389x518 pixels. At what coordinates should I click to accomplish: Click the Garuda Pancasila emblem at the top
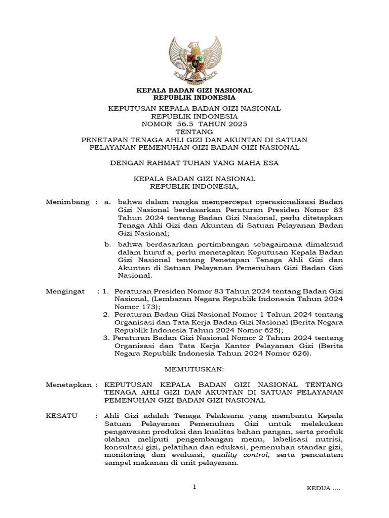(195, 59)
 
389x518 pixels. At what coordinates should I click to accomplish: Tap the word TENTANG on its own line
(194, 132)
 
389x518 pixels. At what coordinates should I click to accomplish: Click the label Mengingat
(66, 292)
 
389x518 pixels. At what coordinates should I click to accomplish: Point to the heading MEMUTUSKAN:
(194, 370)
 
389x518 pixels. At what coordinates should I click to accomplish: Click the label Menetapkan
(69, 385)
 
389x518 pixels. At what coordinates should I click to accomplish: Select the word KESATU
(62, 416)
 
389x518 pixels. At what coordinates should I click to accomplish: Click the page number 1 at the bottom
(194, 487)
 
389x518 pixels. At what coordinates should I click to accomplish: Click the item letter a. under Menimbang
(107, 202)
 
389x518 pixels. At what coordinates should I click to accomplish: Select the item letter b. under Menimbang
(107, 244)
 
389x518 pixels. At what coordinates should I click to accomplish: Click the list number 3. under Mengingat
(106, 338)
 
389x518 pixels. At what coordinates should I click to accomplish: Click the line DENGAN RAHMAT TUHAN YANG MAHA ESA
(194, 163)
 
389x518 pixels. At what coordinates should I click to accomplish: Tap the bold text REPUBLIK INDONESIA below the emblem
(194, 97)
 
